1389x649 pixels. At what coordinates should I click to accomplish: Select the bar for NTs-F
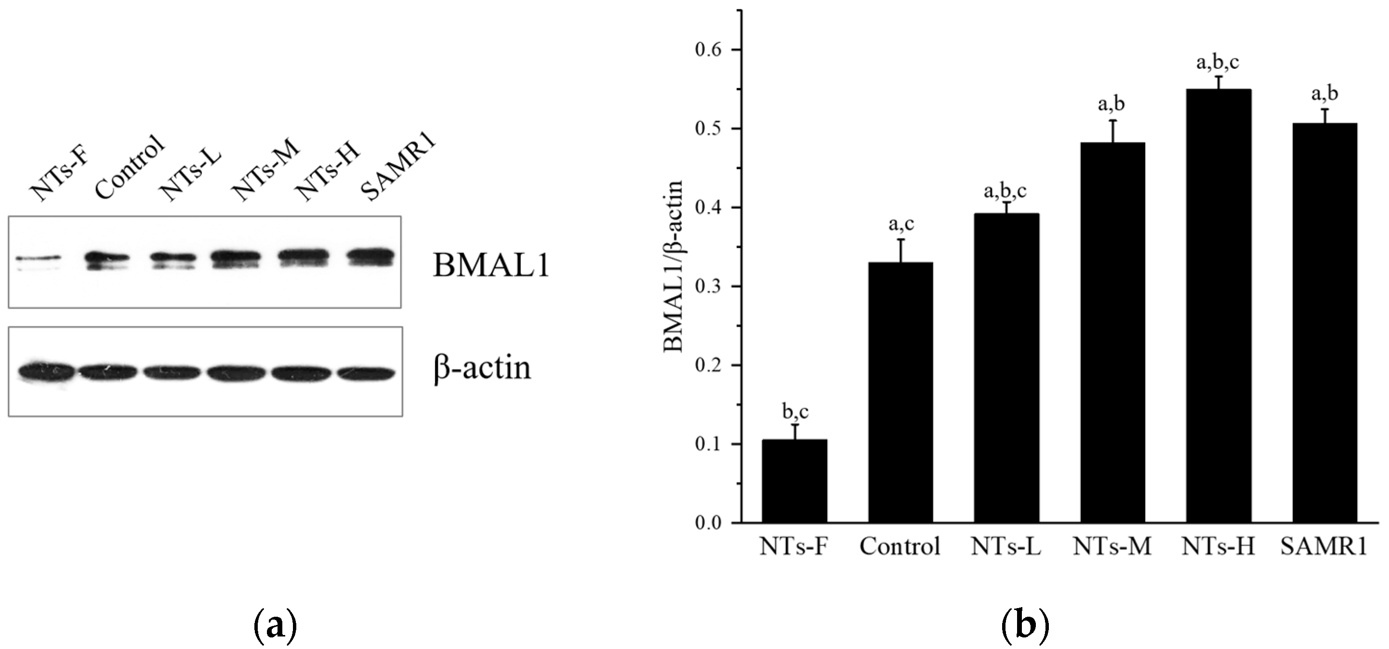[x=794, y=481]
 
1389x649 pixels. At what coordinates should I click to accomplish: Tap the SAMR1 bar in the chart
[x=1325, y=323]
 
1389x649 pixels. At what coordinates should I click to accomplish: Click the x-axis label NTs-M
[x=1112, y=546]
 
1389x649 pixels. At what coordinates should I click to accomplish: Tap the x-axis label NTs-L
[x=1005, y=546]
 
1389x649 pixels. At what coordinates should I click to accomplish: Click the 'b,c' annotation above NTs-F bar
[x=795, y=412]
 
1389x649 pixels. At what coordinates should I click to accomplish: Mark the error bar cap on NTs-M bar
[x=1112, y=120]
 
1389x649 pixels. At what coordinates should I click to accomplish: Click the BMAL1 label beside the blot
[x=490, y=266]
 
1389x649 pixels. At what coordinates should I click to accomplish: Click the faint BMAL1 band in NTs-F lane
[x=38, y=258]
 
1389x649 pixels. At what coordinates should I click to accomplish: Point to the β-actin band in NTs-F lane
[x=46, y=371]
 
